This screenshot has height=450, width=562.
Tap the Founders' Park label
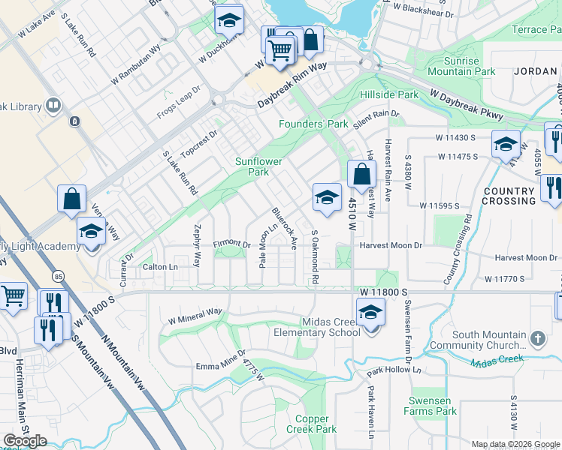(x=313, y=124)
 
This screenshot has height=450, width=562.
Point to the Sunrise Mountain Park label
(x=461, y=66)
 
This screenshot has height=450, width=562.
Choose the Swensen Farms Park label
(x=434, y=406)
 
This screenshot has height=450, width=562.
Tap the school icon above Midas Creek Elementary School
(x=370, y=311)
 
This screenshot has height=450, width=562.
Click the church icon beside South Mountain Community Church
(x=536, y=339)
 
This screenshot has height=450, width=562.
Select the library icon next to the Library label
(x=53, y=106)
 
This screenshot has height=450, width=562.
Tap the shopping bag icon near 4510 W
(x=361, y=174)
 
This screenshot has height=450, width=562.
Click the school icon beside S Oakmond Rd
(x=326, y=197)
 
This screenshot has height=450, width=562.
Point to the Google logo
(x=25, y=441)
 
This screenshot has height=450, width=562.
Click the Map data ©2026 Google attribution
(x=515, y=444)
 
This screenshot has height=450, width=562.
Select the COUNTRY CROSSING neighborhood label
(x=509, y=196)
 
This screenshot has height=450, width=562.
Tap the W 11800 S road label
(x=382, y=290)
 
